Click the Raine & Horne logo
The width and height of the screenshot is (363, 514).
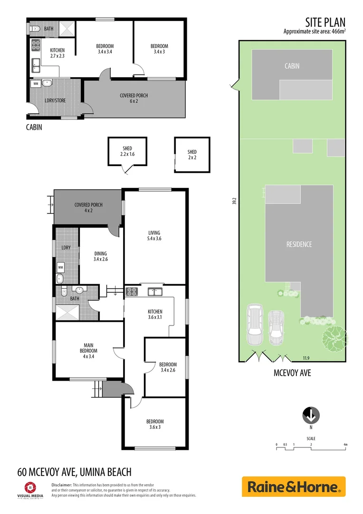[x=294, y=487]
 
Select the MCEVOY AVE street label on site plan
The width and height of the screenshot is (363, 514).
[x=292, y=373]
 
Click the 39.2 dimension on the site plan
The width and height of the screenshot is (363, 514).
[x=234, y=201]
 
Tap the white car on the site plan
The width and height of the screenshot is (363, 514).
[x=275, y=328]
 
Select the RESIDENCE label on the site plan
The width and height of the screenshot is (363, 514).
[x=299, y=244]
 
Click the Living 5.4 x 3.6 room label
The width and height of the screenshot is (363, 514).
[x=155, y=236]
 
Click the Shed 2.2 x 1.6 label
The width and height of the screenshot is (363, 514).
[x=127, y=151]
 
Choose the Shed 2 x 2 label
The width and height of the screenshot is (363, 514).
[x=192, y=155]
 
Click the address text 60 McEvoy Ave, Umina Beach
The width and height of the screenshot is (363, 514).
[x=74, y=472]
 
